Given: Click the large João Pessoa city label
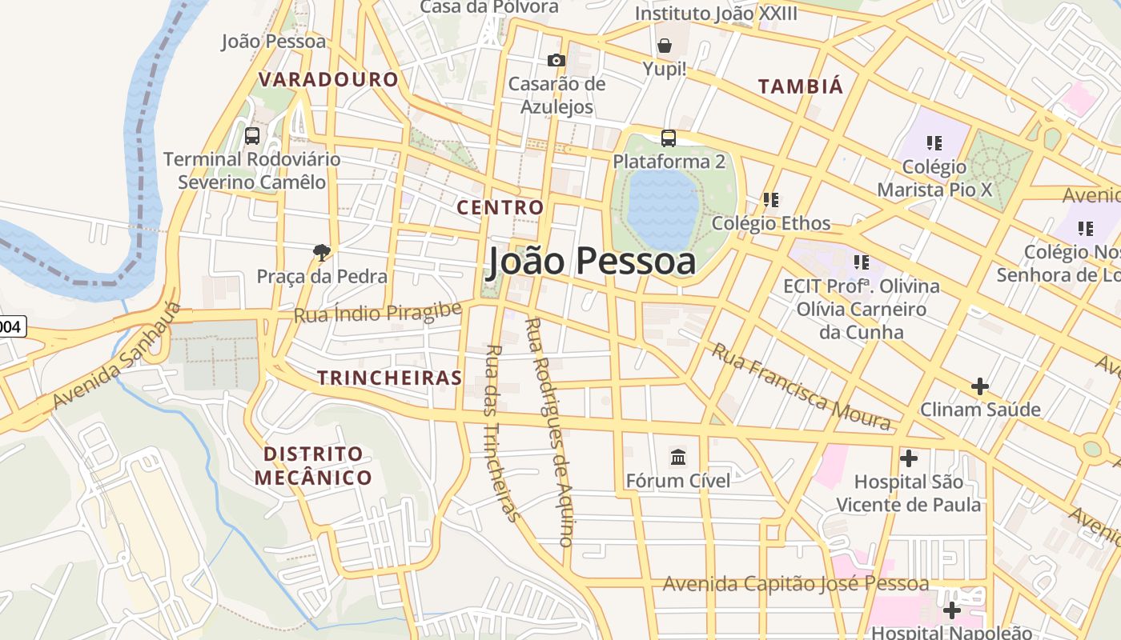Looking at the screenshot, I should pyautogui.click(x=592, y=261).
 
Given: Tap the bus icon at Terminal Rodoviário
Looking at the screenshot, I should pyautogui.click(x=252, y=136).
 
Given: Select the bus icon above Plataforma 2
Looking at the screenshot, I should pyautogui.click(x=669, y=138).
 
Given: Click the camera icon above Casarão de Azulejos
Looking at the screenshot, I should pyautogui.click(x=556, y=61).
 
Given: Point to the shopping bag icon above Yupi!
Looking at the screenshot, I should pyautogui.click(x=665, y=46).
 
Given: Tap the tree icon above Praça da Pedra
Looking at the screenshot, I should pyautogui.click(x=322, y=253).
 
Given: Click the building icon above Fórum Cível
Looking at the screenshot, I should pyautogui.click(x=678, y=458).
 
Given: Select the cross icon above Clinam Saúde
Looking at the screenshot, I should pyautogui.click(x=980, y=387).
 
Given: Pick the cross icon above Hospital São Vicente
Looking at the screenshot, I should pyautogui.click(x=909, y=459).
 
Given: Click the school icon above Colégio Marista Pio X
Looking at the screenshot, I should pyautogui.click(x=934, y=143).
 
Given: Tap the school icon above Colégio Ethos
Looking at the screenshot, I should pyautogui.click(x=771, y=200).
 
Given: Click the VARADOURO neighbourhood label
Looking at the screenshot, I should pyautogui.click(x=328, y=79).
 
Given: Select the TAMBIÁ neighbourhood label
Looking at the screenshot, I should pyautogui.click(x=801, y=86).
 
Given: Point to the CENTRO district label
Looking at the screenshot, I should pyautogui.click(x=500, y=208).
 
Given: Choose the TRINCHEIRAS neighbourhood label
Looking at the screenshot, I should pyautogui.click(x=390, y=378).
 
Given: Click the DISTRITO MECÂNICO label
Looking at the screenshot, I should pyautogui.click(x=314, y=466).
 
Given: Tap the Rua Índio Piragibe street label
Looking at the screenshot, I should pyautogui.click(x=378, y=313).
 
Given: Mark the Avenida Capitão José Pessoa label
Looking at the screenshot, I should pyautogui.click(x=795, y=584).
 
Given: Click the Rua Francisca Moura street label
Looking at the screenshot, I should pyautogui.click(x=801, y=387).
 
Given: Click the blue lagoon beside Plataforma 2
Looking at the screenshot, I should pyautogui.click(x=663, y=208).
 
